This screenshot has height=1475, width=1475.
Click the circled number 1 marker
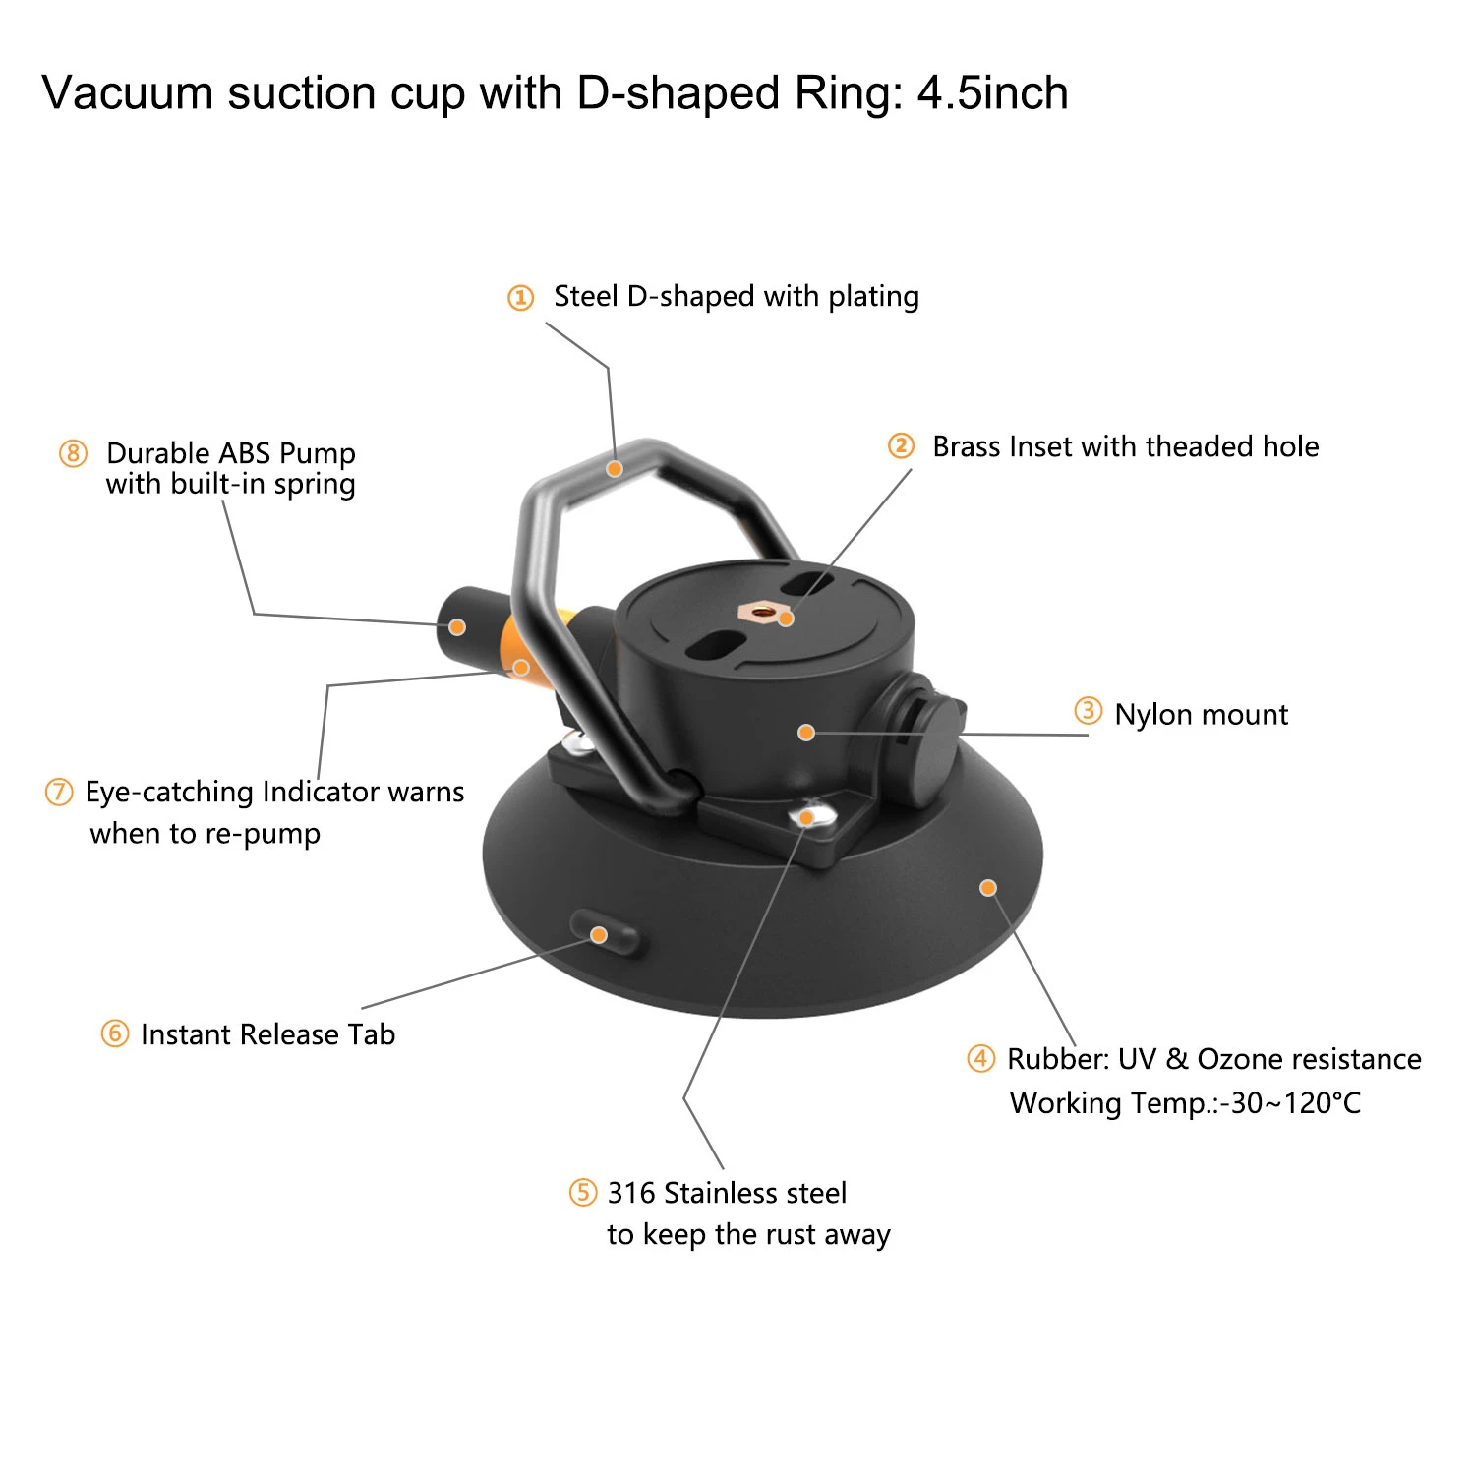coord(520,297)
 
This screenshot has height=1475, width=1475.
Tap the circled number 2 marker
coord(901,446)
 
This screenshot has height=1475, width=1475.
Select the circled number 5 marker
coord(583,1193)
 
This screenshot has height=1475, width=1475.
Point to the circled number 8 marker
coord(73,453)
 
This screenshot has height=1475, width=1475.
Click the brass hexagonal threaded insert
coord(762,613)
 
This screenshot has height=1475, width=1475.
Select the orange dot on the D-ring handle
coord(615,469)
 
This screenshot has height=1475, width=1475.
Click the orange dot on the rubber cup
coord(988,888)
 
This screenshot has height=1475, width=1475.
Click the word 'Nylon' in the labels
coord(1151,715)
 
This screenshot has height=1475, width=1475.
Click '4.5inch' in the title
coord(992,94)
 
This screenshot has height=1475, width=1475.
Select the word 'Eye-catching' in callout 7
coord(169,793)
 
